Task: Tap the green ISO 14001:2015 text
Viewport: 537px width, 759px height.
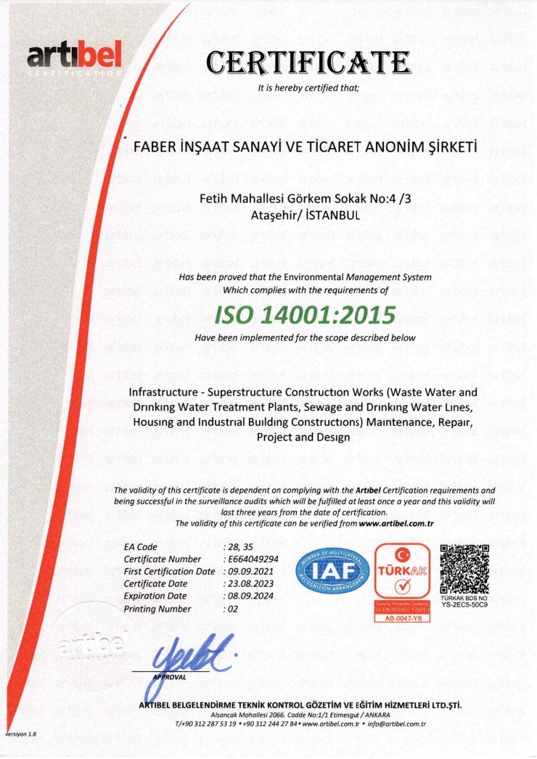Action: (x=305, y=313)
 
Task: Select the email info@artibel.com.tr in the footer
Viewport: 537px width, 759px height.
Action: (x=397, y=724)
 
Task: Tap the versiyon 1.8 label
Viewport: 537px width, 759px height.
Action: (x=20, y=734)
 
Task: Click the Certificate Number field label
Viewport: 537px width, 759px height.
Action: (x=163, y=559)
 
